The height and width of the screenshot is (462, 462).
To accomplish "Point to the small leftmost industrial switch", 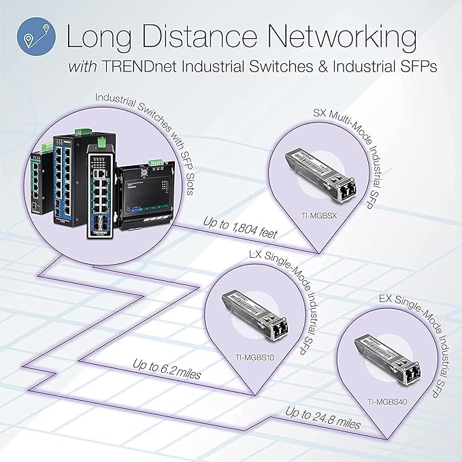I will point(38,180).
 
